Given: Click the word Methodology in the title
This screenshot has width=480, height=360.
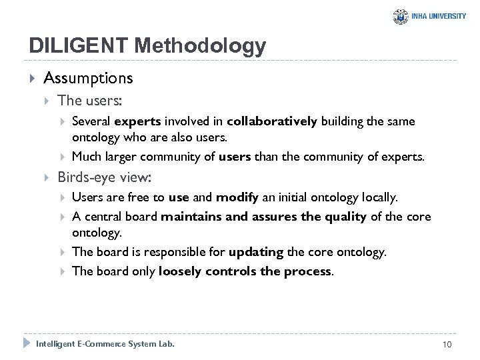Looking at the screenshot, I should tap(200, 47).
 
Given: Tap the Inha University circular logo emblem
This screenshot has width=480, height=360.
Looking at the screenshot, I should tap(401, 16).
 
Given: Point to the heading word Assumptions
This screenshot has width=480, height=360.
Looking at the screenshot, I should tap(89, 78).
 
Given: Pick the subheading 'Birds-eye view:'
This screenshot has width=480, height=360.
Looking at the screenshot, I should tap(105, 177).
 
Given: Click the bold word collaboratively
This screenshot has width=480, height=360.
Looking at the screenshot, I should tap(272, 121).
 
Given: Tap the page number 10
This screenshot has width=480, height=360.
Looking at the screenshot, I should tap(447, 344).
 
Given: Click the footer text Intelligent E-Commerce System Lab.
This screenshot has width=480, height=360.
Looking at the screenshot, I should tap(105, 344).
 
